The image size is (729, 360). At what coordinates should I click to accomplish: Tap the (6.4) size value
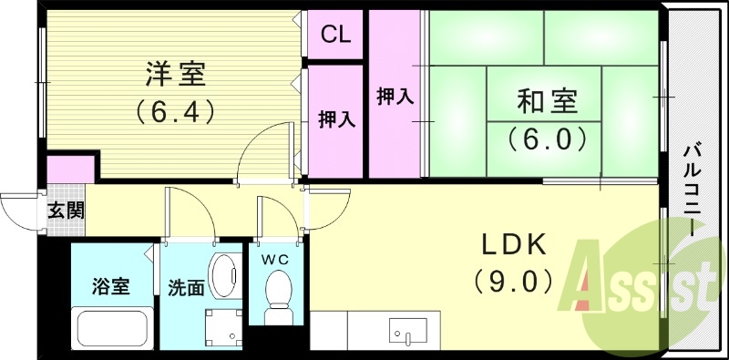(175, 111)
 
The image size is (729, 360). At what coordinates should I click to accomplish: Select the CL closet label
(335, 36)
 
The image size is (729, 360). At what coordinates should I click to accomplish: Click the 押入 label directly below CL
(335, 119)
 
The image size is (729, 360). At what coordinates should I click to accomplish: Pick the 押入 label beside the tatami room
(395, 96)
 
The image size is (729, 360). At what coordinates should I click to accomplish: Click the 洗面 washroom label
(185, 287)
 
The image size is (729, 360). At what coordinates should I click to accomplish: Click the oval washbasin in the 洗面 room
(221, 273)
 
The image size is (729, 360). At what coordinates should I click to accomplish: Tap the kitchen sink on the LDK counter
(402, 330)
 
